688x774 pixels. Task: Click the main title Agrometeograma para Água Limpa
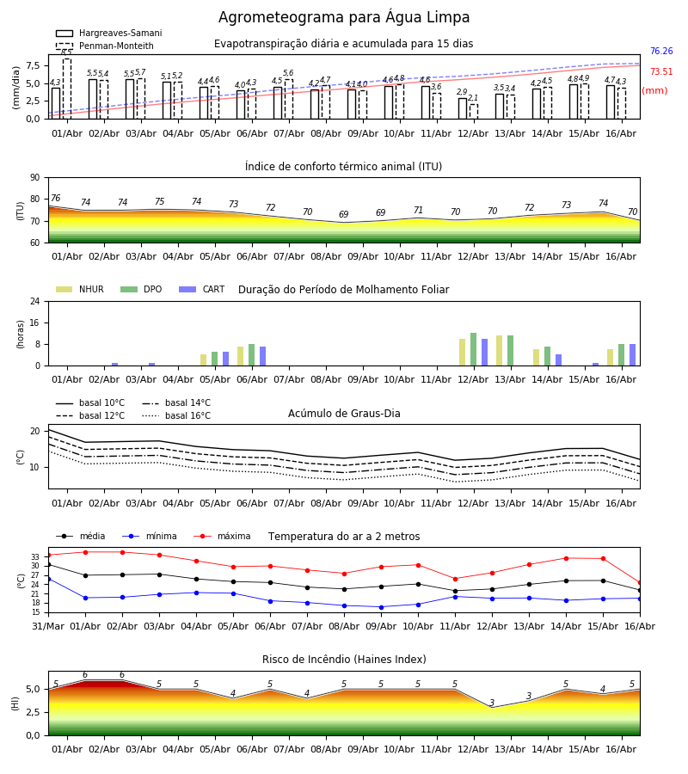pos(343,17)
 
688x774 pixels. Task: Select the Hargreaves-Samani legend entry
pos(108,33)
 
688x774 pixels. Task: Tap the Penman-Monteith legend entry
pos(105,46)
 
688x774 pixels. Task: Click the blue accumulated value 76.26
pos(661,52)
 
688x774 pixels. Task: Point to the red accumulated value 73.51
pos(661,72)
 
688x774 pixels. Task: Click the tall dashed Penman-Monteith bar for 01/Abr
pos(66,89)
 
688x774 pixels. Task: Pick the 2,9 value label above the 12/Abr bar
pos(462,92)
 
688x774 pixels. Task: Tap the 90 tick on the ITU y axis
pos(35,178)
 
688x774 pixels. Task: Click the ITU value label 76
pos(55,199)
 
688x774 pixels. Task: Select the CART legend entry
pos(202,289)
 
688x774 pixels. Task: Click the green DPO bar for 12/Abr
pos(473,349)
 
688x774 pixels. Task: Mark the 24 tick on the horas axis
pos(35,301)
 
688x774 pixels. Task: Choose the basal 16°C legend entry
pos(176,415)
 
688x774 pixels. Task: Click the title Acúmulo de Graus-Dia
pos(344,414)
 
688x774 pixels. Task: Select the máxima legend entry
pos(222,536)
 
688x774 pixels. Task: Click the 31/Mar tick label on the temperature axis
pos(48,626)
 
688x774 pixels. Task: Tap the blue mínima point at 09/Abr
pos(382,607)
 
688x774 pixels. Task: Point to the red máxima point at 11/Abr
pos(455,579)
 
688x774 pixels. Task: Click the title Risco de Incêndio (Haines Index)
pos(344,660)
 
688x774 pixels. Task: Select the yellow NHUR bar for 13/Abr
pos(500,351)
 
